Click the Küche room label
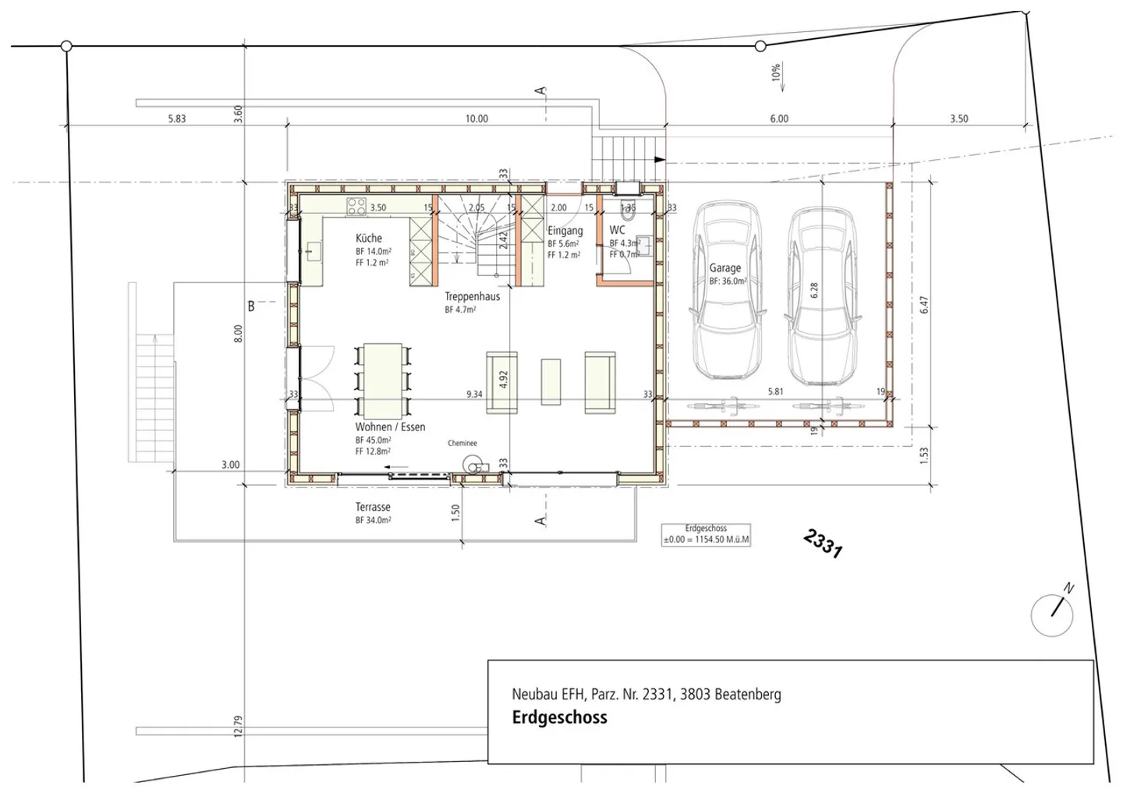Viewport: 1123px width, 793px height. (369, 238)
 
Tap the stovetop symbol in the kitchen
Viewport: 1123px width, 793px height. (356, 207)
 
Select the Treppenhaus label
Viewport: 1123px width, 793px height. (472, 296)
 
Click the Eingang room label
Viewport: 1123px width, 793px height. (565, 231)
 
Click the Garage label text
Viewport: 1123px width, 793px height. (724, 267)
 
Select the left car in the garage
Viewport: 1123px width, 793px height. (726, 291)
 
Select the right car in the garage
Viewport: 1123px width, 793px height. (823, 296)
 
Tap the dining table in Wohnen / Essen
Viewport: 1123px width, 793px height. (380, 379)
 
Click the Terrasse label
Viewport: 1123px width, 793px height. (373, 507)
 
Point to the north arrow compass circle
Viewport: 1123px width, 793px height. (1051, 614)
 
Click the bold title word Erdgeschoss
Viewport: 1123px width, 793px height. (559, 718)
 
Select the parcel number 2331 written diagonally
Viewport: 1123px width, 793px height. (823, 543)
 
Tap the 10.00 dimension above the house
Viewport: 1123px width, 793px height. (476, 119)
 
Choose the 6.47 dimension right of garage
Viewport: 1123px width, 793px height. (924, 305)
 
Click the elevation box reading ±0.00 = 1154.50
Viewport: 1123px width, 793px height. (706, 534)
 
